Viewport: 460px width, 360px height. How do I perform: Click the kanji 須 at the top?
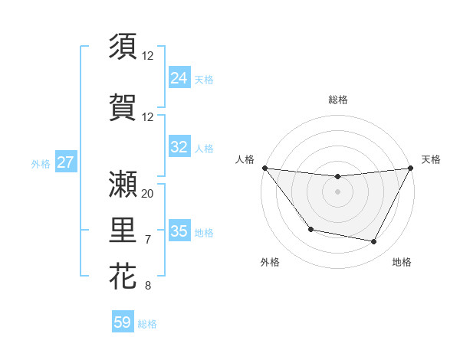(x=123, y=46)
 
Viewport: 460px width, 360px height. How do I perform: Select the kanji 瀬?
(x=123, y=184)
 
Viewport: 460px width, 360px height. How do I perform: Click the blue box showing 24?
(x=179, y=77)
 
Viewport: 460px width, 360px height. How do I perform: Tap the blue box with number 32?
(x=179, y=147)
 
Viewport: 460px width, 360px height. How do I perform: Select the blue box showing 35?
(x=179, y=231)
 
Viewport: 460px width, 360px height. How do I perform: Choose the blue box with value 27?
(x=65, y=162)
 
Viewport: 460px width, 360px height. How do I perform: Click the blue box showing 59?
(x=123, y=322)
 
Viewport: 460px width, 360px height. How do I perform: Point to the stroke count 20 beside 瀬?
(x=148, y=193)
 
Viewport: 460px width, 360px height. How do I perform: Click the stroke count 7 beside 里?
(x=148, y=240)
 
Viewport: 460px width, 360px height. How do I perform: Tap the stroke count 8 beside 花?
(x=148, y=286)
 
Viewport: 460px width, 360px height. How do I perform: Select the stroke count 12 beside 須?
(x=148, y=55)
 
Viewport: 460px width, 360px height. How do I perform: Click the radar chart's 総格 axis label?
(x=337, y=100)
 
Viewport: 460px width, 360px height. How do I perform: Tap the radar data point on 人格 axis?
(x=264, y=168)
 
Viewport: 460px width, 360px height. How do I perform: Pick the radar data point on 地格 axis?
(x=374, y=242)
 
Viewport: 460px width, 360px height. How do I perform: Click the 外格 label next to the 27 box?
(x=40, y=163)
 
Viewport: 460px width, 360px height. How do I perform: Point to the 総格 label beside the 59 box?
(x=147, y=324)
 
